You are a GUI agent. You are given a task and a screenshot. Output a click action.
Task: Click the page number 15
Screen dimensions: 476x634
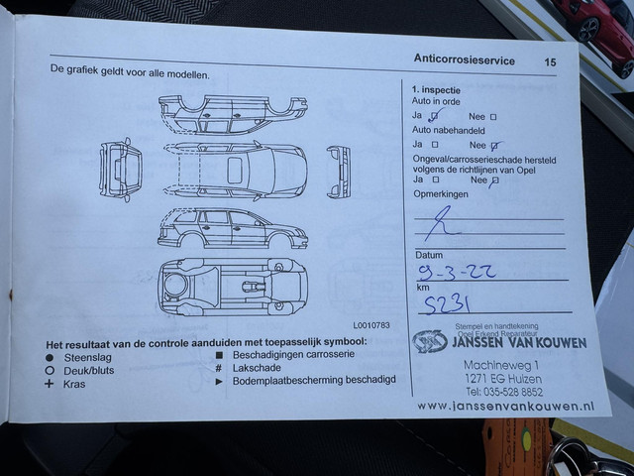(x=550, y=61)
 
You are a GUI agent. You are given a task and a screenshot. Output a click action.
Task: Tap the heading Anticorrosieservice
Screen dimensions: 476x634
(x=464, y=60)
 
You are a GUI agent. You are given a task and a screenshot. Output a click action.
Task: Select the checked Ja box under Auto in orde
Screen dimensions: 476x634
(x=434, y=116)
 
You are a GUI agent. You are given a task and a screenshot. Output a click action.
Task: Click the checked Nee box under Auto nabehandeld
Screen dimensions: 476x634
(x=495, y=145)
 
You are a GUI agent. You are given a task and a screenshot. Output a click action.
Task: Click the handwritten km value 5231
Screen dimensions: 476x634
(x=447, y=304)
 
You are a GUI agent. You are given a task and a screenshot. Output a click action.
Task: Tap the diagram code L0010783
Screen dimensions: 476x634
(x=371, y=324)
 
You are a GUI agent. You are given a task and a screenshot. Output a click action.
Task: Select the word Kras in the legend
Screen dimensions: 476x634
(x=74, y=383)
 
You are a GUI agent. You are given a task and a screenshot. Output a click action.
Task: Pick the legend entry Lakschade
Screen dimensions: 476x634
(x=259, y=367)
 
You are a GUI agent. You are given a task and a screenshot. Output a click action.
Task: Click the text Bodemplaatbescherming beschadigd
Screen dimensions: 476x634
(x=313, y=380)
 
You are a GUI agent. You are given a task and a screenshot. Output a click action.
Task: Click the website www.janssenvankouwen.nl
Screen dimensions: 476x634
(x=505, y=405)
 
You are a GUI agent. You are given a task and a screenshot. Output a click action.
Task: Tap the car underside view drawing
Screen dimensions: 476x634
(x=232, y=287)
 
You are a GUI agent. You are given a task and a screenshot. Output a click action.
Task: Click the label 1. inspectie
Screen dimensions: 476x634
(x=437, y=89)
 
